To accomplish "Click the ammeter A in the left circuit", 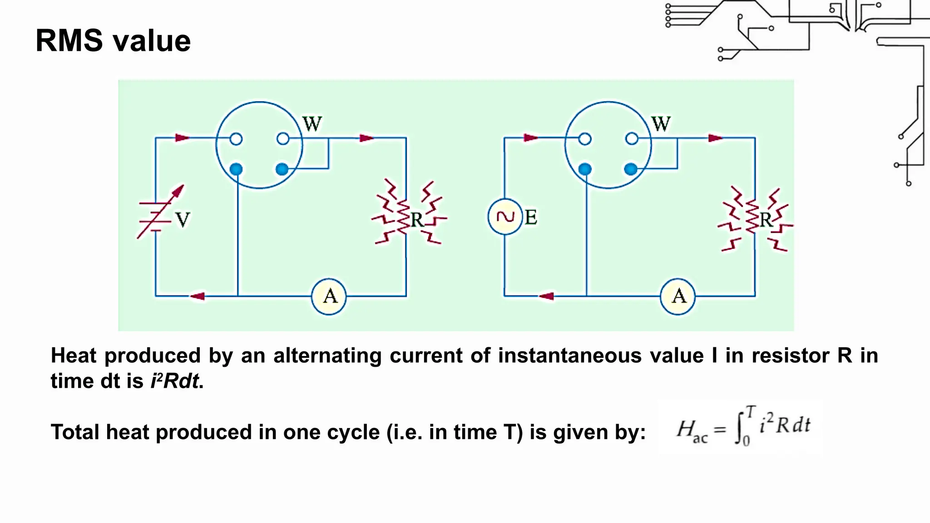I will (x=329, y=296).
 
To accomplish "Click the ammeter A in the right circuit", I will (x=678, y=296).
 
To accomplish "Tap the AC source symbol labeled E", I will (x=505, y=217).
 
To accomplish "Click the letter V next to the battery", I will (x=183, y=220).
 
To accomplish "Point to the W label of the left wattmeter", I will (x=312, y=124).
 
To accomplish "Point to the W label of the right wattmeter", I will (x=661, y=124).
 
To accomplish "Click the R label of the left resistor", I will (x=416, y=220).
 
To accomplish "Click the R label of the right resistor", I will (x=766, y=220).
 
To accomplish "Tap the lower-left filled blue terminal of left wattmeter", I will (x=236, y=169).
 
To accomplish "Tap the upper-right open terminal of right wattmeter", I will (x=632, y=138).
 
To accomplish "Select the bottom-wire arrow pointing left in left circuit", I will (x=197, y=296).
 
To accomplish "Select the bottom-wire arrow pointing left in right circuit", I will (x=546, y=296).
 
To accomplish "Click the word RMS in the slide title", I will (x=69, y=41).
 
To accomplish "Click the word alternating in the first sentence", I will (x=327, y=355).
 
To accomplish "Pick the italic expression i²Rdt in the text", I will (x=175, y=381).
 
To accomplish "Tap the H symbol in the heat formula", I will (x=686, y=428).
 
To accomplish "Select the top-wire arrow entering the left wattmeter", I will (x=182, y=138).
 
